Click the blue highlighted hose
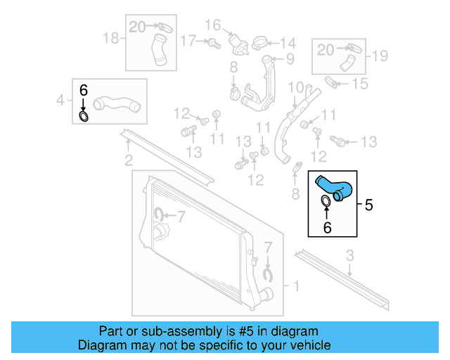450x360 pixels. click(334, 186)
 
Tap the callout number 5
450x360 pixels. click(369, 205)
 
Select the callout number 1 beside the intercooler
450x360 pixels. click(295, 286)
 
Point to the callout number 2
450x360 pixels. click(128, 160)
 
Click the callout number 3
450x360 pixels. click(349, 256)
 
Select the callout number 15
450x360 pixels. click(359, 84)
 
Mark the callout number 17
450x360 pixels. click(186, 41)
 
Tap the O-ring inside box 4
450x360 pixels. click(84, 115)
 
